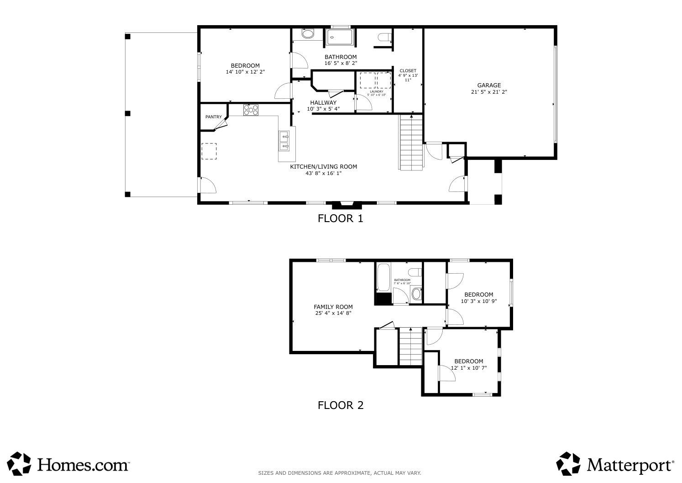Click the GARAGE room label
coord(489,85)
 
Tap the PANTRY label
coord(213,117)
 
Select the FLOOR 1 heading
coord(340,218)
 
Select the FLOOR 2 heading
coord(341,405)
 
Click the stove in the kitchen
coord(251,110)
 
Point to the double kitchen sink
coord(283,141)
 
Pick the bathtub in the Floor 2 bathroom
coord(383,277)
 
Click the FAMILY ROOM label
coord(333,307)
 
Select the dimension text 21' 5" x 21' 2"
coord(489,92)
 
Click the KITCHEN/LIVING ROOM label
coord(323,167)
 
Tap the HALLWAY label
coord(323,103)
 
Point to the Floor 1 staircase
coord(411,143)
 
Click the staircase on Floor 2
coord(410,346)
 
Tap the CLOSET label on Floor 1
coord(408,71)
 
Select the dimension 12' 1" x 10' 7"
coord(468,368)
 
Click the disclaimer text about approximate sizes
coord(340,473)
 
